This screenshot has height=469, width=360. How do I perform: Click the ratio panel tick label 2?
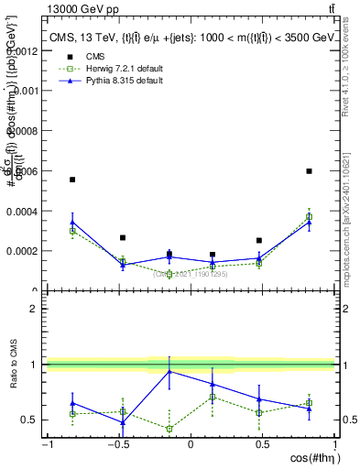coord(35,309)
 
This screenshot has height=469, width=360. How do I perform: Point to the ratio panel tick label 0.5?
coord(30,420)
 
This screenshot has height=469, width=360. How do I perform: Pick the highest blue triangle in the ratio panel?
coord(169,371)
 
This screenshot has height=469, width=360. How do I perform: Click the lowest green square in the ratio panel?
coord(169,429)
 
